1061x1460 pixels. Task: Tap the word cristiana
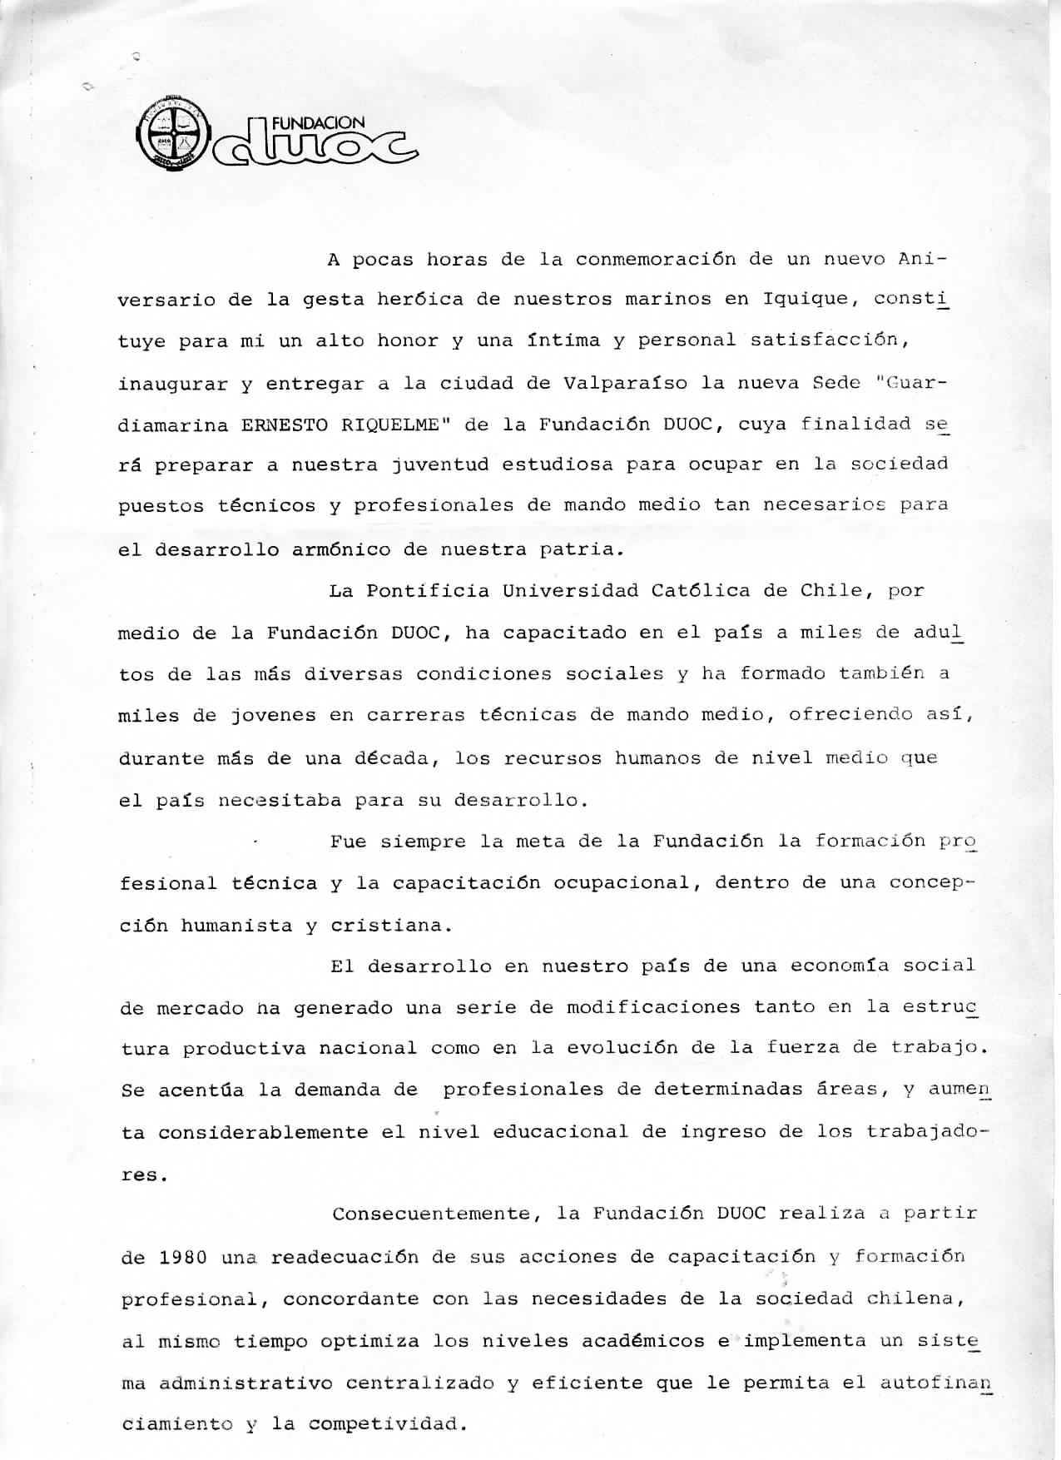(x=391, y=926)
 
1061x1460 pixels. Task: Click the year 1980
(x=182, y=1257)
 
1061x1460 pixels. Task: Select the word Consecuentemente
(x=431, y=1214)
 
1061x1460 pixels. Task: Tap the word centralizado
(x=420, y=1383)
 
